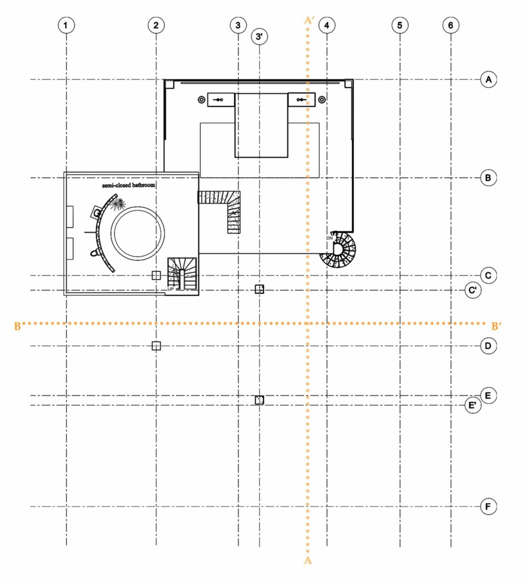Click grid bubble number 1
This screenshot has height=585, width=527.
coord(66,25)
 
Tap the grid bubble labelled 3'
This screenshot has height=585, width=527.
coord(259,37)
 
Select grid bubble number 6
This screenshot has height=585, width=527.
coord(450,25)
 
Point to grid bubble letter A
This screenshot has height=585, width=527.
coord(488,79)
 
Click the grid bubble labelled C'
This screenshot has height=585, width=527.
coord(473,290)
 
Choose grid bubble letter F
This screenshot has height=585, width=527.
coord(488,507)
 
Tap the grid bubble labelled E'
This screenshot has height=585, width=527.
coord(473,405)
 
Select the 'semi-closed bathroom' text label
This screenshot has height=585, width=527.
coord(129,185)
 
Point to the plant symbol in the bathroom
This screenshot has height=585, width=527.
coord(118,203)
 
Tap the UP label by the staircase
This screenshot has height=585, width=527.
coord(170,289)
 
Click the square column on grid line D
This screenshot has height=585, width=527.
coord(157,346)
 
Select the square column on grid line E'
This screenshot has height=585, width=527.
coord(259,400)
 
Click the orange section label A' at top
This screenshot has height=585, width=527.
coord(309,20)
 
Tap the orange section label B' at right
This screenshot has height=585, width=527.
coord(496,326)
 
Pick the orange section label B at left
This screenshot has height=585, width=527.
coord(17,326)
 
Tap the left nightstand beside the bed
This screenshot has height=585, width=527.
coord(221,99)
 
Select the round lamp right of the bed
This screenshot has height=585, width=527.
coord(322,99)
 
